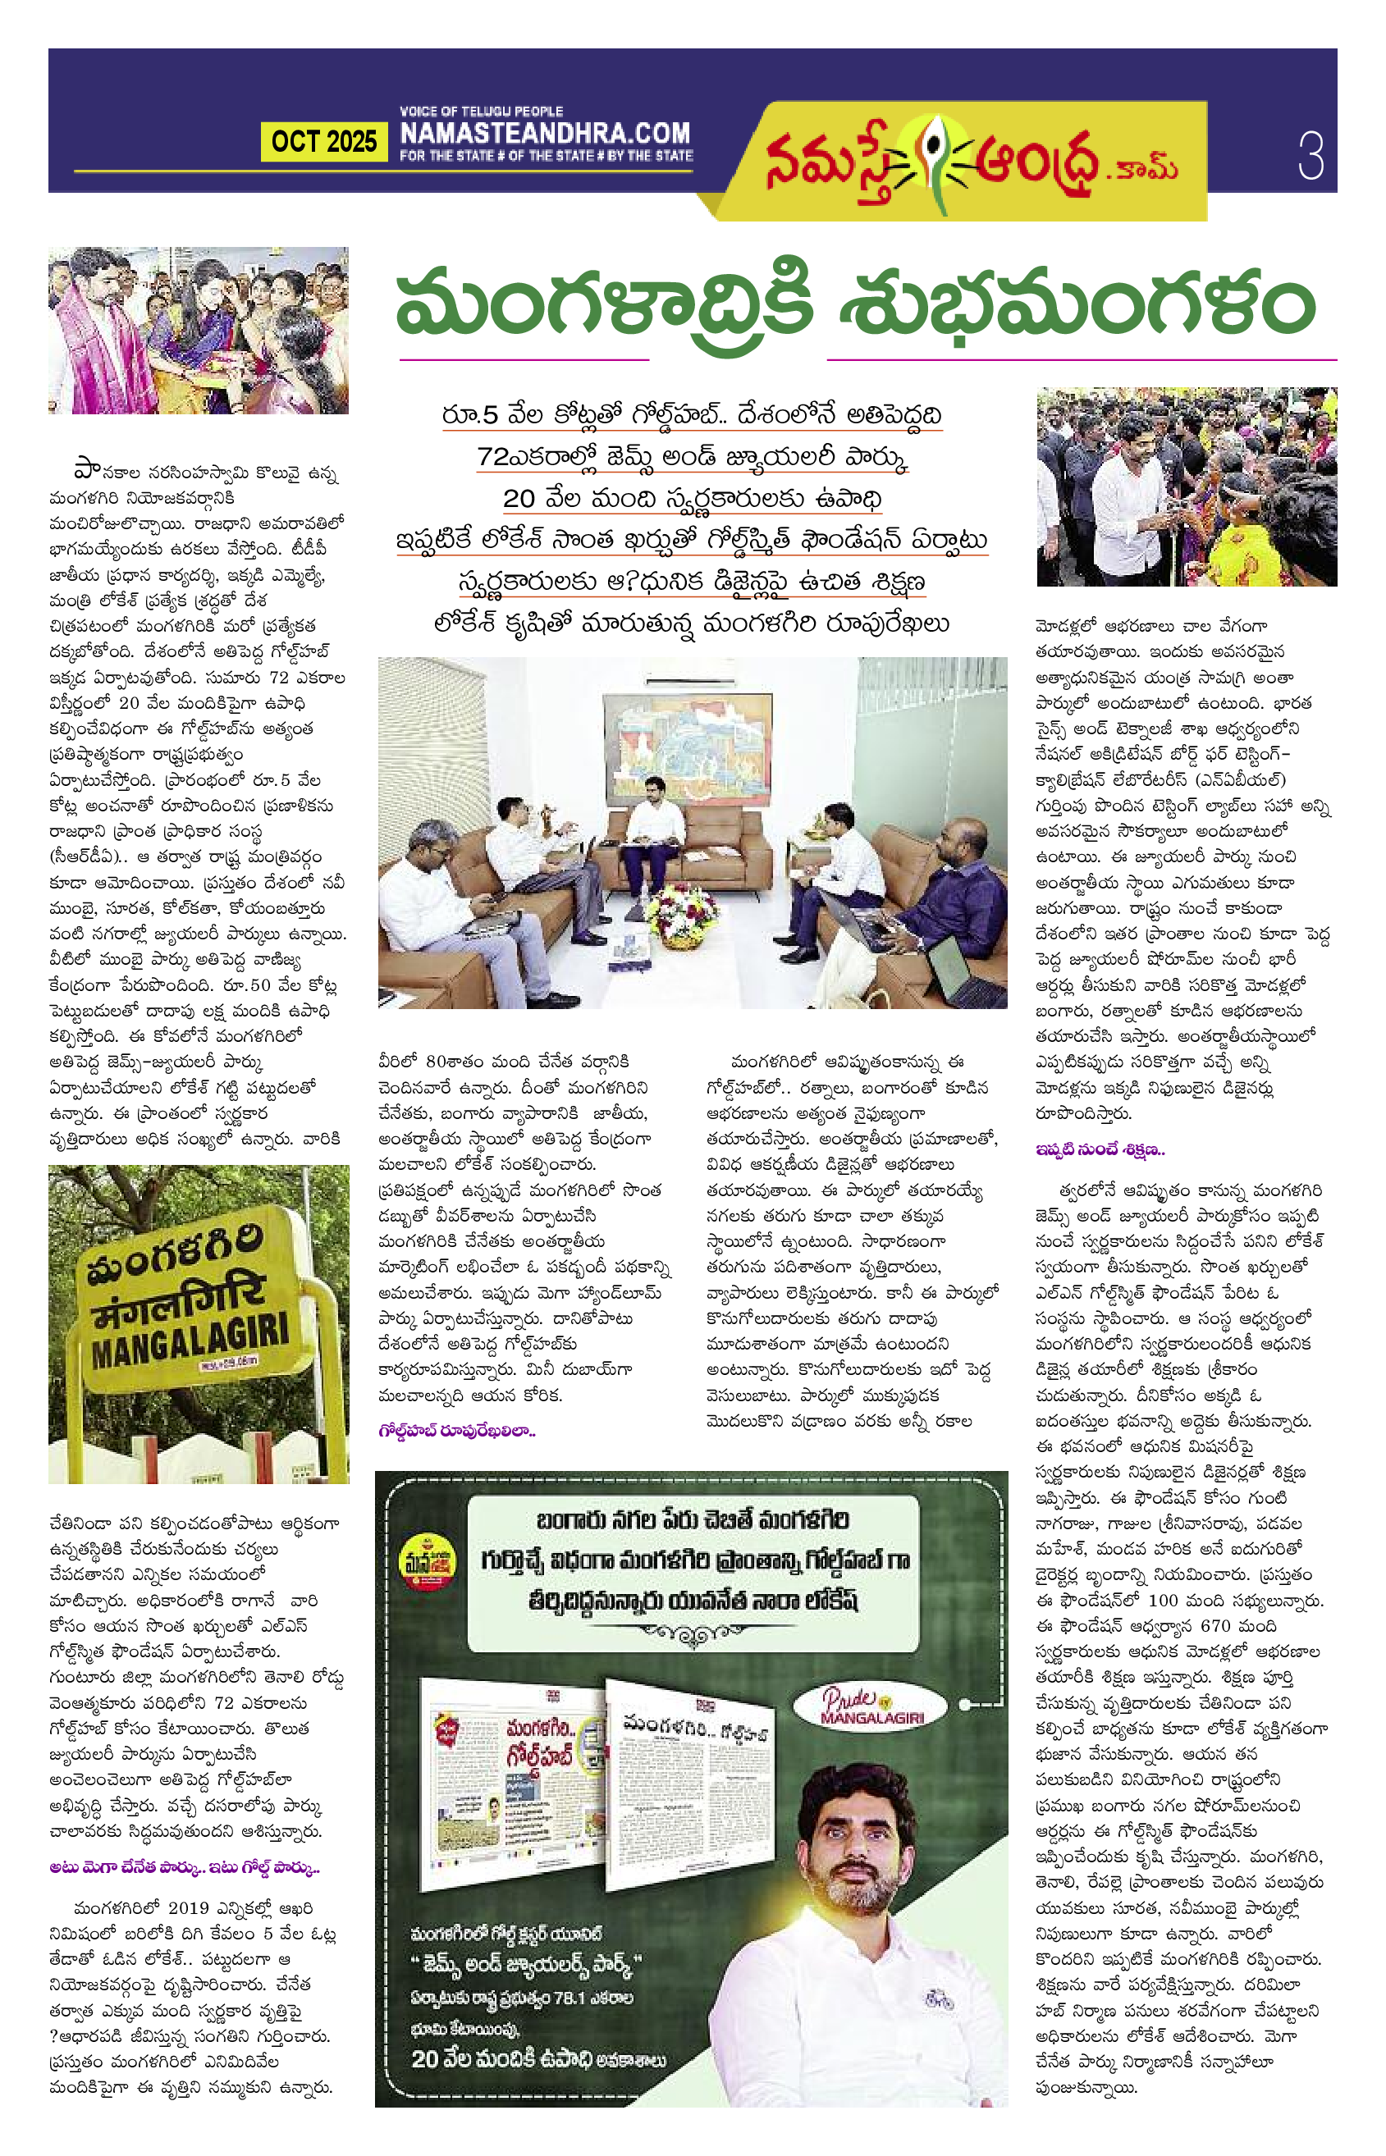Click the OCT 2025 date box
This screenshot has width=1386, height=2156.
point(324,141)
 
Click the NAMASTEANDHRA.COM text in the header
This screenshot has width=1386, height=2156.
point(545,133)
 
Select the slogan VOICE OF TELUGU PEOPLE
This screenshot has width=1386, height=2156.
point(482,111)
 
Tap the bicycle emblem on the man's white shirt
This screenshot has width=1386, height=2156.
point(939,2000)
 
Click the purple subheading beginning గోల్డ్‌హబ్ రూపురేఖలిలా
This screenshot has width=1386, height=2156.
point(457,1430)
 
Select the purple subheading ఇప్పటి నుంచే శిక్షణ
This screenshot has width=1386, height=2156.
point(1100,1149)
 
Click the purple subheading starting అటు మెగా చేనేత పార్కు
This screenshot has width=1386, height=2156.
point(185,1868)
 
